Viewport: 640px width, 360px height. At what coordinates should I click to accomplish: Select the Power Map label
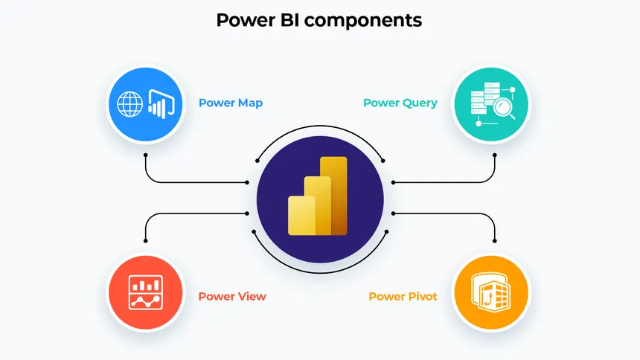[230, 103]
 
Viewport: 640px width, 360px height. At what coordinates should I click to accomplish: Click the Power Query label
[400, 103]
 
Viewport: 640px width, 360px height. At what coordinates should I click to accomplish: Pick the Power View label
[231, 297]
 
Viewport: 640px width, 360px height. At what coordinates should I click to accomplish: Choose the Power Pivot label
[403, 297]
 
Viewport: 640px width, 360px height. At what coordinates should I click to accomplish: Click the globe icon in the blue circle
[131, 103]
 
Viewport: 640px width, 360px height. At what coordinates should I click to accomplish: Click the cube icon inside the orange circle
[491, 292]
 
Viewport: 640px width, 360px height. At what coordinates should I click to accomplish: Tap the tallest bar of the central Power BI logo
[336, 195]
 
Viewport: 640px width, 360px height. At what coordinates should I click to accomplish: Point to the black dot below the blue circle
[145, 155]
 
